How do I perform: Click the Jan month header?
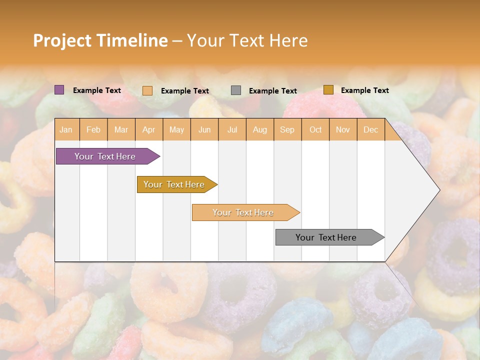tap(66, 130)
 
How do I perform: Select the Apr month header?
tap(149, 130)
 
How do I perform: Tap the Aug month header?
tap(260, 130)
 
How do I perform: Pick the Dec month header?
tap(371, 130)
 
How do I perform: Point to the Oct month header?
tap(315, 130)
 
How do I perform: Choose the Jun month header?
tap(204, 130)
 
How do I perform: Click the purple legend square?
tap(59, 90)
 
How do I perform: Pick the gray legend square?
tap(236, 90)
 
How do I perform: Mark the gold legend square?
tap(328, 90)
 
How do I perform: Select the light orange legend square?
tap(147, 90)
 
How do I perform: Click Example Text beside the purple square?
tap(97, 90)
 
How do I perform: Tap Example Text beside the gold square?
tap(365, 90)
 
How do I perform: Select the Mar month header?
tap(121, 130)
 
